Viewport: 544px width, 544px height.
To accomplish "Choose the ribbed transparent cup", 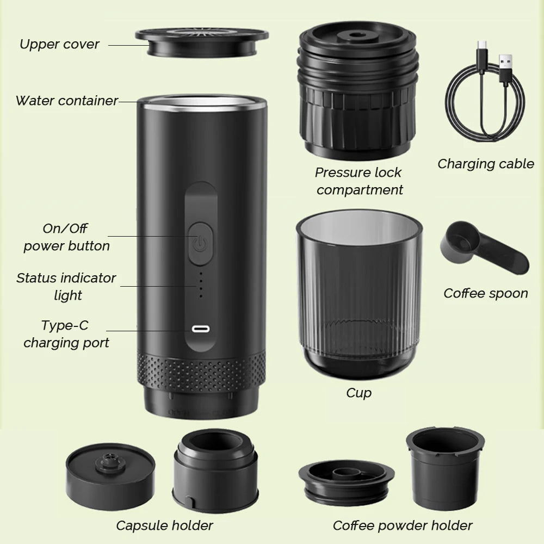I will pyautogui.click(x=358, y=294).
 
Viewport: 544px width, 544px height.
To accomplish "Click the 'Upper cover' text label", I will pyautogui.click(x=59, y=44).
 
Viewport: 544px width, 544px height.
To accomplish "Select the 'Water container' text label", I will pyautogui.click(x=66, y=101).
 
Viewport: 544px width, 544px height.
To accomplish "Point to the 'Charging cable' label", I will pyautogui.click(x=486, y=164).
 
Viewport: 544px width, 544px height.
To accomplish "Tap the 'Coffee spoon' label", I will pyautogui.click(x=486, y=293).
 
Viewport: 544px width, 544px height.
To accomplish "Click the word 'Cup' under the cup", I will pyautogui.click(x=359, y=392).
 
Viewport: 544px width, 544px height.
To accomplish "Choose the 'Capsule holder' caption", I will pyautogui.click(x=164, y=525).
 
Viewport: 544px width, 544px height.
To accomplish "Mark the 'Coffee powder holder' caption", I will pyautogui.click(x=403, y=525).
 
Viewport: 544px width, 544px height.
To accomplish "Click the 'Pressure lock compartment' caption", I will pyautogui.click(x=359, y=181).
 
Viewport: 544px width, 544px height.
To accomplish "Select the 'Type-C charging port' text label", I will pyautogui.click(x=66, y=334).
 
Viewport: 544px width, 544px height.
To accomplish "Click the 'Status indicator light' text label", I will pyautogui.click(x=66, y=287).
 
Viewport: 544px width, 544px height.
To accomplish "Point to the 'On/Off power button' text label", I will pyautogui.click(x=66, y=237).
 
